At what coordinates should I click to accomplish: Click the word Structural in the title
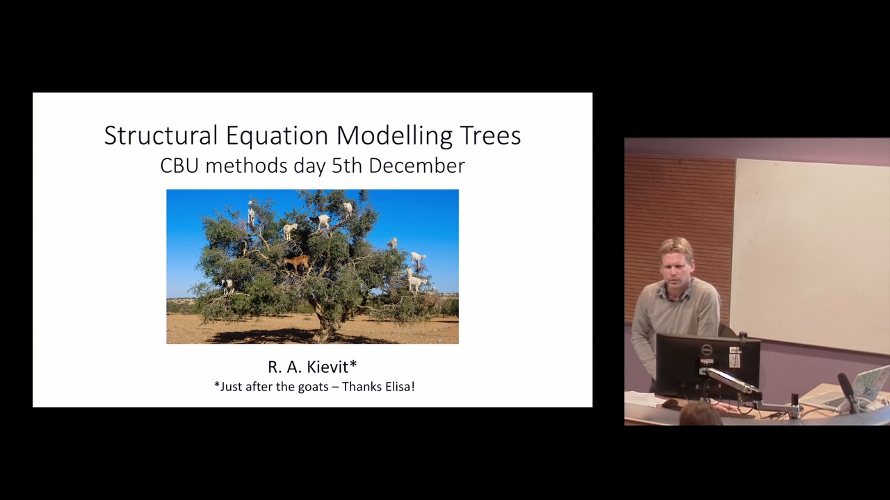161,135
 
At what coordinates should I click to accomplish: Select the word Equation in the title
277,136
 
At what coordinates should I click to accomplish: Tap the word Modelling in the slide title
394,136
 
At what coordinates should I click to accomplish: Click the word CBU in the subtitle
179,166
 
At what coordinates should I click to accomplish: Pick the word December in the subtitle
416,166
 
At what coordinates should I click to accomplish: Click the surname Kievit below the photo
327,367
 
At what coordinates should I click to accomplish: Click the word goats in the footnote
313,387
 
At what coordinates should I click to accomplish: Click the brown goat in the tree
297,263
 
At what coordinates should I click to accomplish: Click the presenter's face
675,271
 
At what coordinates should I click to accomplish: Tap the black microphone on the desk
848,392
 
